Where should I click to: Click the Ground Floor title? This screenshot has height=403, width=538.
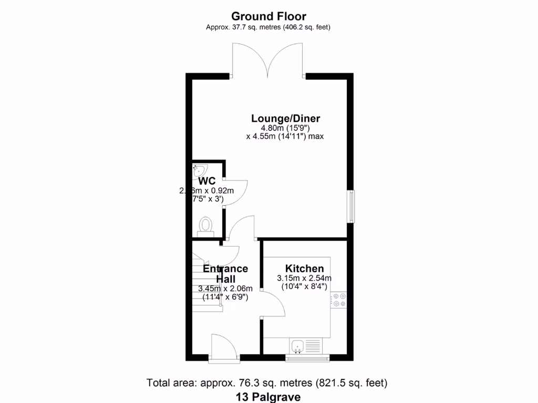tap(268, 16)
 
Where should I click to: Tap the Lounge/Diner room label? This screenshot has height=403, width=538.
tap(285, 118)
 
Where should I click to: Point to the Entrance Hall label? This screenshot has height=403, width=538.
tap(225, 274)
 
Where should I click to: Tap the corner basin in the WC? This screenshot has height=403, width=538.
tap(200, 169)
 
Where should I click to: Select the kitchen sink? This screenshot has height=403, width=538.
tap(298, 346)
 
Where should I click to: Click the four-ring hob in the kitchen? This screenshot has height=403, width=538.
tap(338, 300)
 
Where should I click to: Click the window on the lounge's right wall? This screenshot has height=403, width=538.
tap(351, 206)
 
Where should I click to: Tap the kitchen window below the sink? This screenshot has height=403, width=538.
tap(307, 358)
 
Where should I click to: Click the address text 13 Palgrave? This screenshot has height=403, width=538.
tap(268, 397)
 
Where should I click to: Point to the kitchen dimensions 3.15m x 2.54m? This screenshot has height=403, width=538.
tap(304, 278)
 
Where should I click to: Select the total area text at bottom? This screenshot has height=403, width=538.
tap(268, 383)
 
